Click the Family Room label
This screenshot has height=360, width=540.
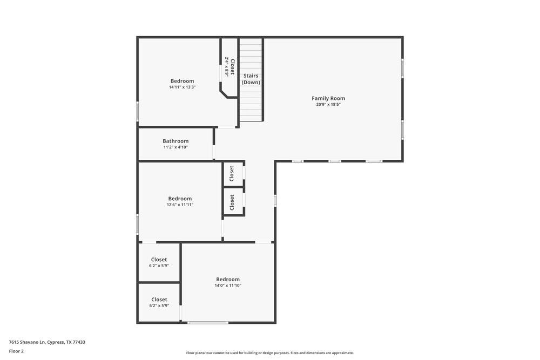coord(328,98)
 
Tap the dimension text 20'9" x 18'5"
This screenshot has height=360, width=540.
coord(328,104)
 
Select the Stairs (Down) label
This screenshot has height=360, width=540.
coord(251,79)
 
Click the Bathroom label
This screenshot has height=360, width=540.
coord(175,141)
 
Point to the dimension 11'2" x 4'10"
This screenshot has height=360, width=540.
coord(175,147)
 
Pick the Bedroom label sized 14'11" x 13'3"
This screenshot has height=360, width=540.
coord(182,81)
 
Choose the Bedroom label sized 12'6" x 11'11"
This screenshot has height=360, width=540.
coord(180,199)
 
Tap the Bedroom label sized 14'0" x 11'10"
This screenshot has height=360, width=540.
coord(228,280)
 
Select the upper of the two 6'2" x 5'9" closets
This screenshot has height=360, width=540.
coord(159,260)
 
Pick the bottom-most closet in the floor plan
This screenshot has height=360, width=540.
coord(159,300)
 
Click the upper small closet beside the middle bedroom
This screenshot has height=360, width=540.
coord(232,173)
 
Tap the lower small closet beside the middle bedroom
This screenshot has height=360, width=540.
coord(232,202)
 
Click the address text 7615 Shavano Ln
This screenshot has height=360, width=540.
coord(47,342)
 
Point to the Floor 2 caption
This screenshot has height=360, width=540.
coord(16,351)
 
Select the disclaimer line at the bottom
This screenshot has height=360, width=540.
coord(270,353)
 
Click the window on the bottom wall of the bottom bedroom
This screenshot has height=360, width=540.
coord(208,323)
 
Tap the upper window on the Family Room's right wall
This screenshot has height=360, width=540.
coord(402,69)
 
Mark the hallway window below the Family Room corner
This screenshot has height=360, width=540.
coord(275,200)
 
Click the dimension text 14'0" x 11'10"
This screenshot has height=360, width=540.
coord(228,286)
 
